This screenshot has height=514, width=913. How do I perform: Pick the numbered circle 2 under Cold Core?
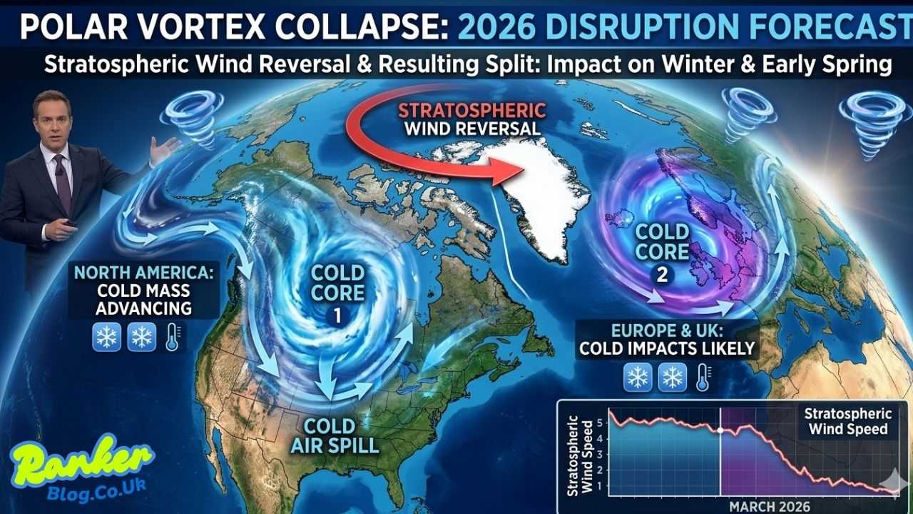pos(662,274)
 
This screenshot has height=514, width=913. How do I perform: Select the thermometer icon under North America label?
pos(172,336)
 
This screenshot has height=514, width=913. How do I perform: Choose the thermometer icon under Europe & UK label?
pos(703,377)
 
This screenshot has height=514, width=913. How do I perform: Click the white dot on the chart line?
pos(720,430)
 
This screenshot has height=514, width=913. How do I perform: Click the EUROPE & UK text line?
pos(668,331)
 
